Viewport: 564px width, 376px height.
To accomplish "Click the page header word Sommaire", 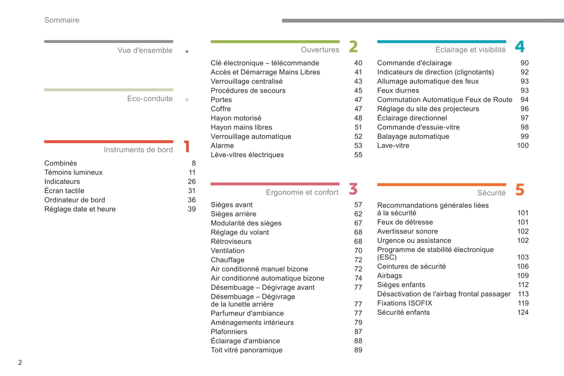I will (x=62, y=20).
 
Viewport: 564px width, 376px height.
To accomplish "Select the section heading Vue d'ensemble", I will (x=145, y=50).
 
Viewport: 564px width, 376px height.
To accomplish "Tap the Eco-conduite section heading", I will (x=150, y=99).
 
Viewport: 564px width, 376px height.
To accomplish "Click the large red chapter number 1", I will (x=187, y=147).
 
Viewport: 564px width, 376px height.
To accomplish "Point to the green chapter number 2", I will (x=353, y=47).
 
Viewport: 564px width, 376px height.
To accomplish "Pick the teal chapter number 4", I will (x=520, y=47).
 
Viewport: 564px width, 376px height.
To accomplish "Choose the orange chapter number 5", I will (x=520, y=190).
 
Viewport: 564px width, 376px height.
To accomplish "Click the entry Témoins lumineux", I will (x=73, y=172).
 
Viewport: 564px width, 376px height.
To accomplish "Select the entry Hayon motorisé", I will (x=236, y=118).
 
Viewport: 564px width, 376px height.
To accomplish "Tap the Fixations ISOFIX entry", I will (x=404, y=303).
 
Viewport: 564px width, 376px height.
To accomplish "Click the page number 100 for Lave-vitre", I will (x=523, y=145).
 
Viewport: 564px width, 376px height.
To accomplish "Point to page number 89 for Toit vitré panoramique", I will (x=358, y=350).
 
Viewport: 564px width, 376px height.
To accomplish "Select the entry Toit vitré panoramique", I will (x=246, y=350).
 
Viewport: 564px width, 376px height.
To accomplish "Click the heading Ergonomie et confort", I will (x=302, y=192).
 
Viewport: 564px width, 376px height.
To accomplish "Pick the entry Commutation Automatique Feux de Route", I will (x=445, y=100).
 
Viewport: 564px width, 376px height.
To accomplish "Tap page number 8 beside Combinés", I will (x=194, y=163).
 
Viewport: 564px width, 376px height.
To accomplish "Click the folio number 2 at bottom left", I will (x=20, y=363).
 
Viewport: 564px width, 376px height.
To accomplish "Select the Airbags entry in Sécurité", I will (x=389, y=276).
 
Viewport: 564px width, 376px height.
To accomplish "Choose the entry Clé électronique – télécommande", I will (x=265, y=63).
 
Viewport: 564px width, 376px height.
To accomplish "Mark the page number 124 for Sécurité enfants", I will (x=523, y=312).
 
